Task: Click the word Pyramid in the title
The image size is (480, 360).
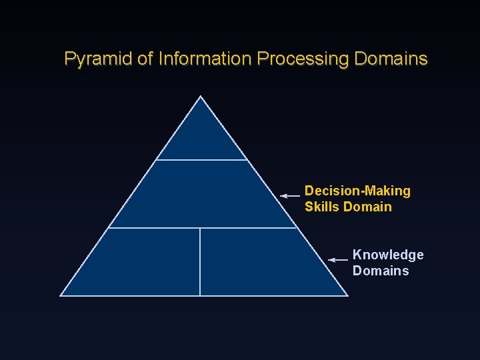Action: [x=98, y=59]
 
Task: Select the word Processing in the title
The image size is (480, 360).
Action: [x=303, y=59]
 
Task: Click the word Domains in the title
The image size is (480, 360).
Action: [x=391, y=59]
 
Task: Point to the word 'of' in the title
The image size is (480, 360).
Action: [x=145, y=59]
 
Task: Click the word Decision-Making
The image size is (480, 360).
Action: [x=357, y=191]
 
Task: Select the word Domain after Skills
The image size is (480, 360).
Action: [x=367, y=207]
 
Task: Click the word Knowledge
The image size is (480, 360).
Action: [x=388, y=255]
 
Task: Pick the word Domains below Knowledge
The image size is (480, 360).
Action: [x=381, y=271]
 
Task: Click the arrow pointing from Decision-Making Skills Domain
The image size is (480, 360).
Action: [x=290, y=196]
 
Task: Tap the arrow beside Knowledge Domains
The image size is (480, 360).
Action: [x=339, y=259]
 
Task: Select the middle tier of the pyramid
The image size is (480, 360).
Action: [x=201, y=194]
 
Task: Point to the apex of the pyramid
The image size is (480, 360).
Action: [x=201, y=97]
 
